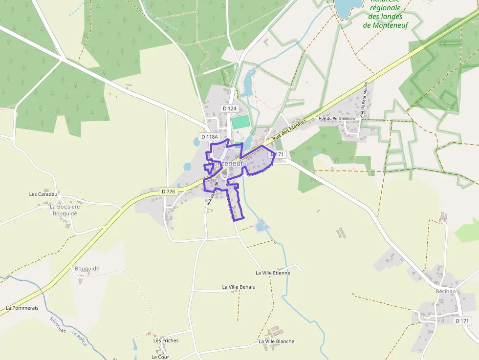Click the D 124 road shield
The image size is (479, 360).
pyautogui.click(x=229, y=108)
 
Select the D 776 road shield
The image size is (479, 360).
pyautogui.click(x=168, y=191)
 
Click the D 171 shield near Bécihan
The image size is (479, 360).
pyautogui.click(x=462, y=321)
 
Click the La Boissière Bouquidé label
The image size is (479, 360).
pyautogui.click(x=65, y=210)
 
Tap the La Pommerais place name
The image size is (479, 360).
pyautogui.click(x=22, y=308)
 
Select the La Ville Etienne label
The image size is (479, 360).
pyautogui.click(x=273, y=273)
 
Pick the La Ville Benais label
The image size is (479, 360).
pyautogui.click(x=239, y=287)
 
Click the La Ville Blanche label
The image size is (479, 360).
pyautogui.click(x=277, y=341)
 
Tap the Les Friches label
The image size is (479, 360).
pyautogui.click(x=166, y=340)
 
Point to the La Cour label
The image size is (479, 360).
pyautogui.click(x=160, y=357)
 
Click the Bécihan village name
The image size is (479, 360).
pyautogui.click(x=445, y=291)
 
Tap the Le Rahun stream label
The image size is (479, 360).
pyautogui.click(x=79, y=338)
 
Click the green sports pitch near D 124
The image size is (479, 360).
pyautogui.click(x=239, y=122)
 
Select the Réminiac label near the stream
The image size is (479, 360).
pyautogui.click(x=58, y=325)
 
